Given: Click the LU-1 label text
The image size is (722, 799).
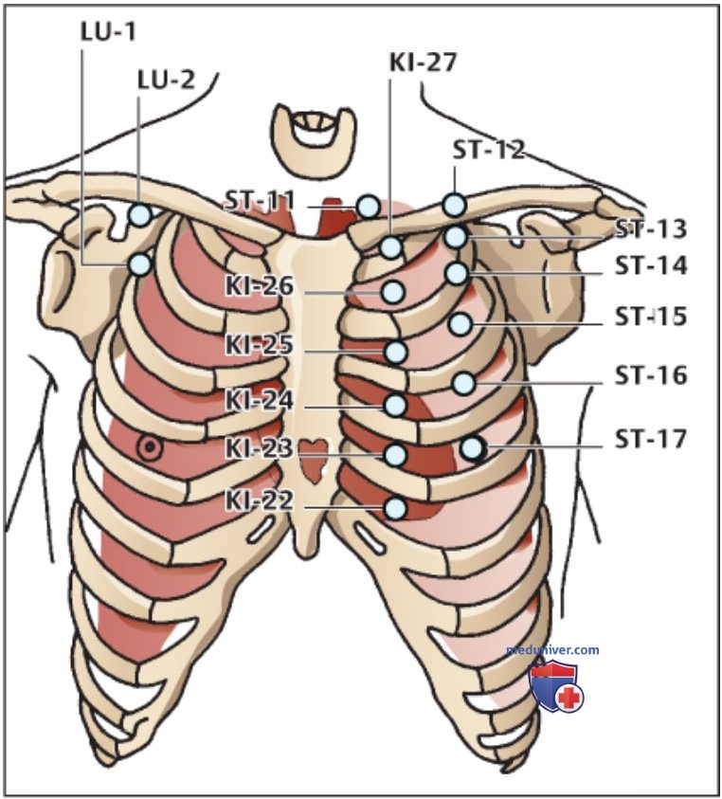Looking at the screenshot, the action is tap(109, 32).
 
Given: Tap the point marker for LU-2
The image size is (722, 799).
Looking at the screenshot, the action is tap(140, 215).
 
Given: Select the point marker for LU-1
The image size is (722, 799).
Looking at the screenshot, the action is tap(140, 264).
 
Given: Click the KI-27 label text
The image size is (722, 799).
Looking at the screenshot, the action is tap(423, 63).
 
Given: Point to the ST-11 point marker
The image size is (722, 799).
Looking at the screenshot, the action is tap(368, 207).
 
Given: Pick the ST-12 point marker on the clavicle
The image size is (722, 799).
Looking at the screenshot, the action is tap(455, 205).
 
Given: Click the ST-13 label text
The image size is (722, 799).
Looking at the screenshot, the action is tap(651, 229).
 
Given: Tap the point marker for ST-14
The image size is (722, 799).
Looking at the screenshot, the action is tap(456, 274).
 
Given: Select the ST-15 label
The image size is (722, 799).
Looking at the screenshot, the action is tap(651, 317).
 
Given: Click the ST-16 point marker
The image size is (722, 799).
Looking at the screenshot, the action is tap(463, 383).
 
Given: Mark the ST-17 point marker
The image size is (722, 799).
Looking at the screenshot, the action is tap(472, 448).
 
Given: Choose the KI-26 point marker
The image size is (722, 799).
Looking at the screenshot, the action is tap(393, 293).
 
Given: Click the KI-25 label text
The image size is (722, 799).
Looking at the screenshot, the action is tap(260, 345).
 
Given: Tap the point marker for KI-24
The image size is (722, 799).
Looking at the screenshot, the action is tap(395, 405).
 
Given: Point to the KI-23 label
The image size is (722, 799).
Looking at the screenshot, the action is tap(260, 449).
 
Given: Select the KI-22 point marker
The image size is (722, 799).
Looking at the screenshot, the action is tap(395, 508).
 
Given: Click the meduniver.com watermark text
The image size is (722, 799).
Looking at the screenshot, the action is tap(552, 650).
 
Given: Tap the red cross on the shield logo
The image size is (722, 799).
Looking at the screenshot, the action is tap(569, 697).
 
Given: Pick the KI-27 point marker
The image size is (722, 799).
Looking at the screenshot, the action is tap(391, 247).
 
